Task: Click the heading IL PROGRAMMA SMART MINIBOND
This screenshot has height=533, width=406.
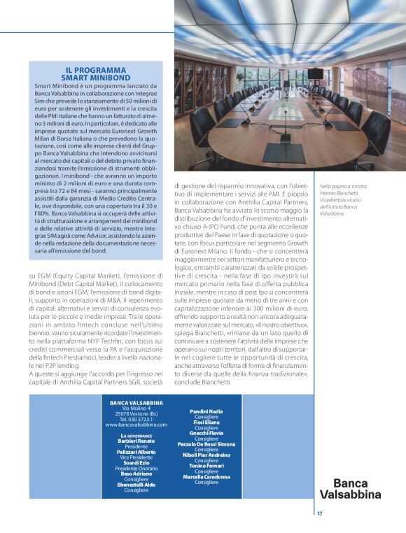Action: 95,74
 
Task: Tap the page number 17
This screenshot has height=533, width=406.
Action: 319,513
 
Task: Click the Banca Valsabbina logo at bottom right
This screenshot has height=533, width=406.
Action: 356,488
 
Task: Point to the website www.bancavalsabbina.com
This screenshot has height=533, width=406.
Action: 136,425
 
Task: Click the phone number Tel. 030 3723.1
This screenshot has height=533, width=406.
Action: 136,419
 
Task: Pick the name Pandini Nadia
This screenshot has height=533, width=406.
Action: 206,411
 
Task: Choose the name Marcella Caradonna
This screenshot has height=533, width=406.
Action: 206,476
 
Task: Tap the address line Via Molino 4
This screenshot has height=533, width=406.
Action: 136,408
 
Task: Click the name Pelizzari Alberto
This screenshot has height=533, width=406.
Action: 136,453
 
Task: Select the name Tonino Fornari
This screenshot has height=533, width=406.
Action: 206,466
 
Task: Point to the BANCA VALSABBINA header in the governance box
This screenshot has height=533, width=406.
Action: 136,402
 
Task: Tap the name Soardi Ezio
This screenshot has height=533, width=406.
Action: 136,463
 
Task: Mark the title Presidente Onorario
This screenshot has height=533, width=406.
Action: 136,469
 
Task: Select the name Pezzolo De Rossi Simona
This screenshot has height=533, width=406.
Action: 206,444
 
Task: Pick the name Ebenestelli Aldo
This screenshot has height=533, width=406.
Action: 136,485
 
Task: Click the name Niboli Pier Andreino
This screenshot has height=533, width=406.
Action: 206,455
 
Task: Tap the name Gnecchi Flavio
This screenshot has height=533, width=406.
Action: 206,433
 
